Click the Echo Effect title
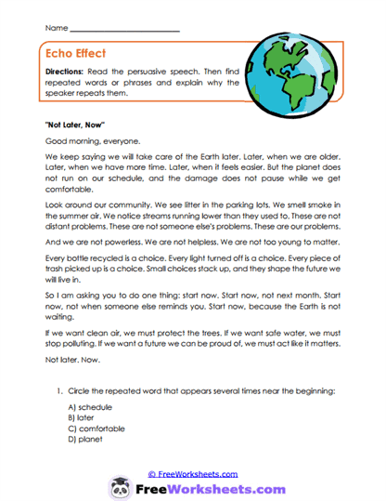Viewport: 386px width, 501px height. pyautogui.click(x=81, y=54)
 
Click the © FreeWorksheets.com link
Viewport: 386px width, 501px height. pyautogui.click(x=191, y=472)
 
